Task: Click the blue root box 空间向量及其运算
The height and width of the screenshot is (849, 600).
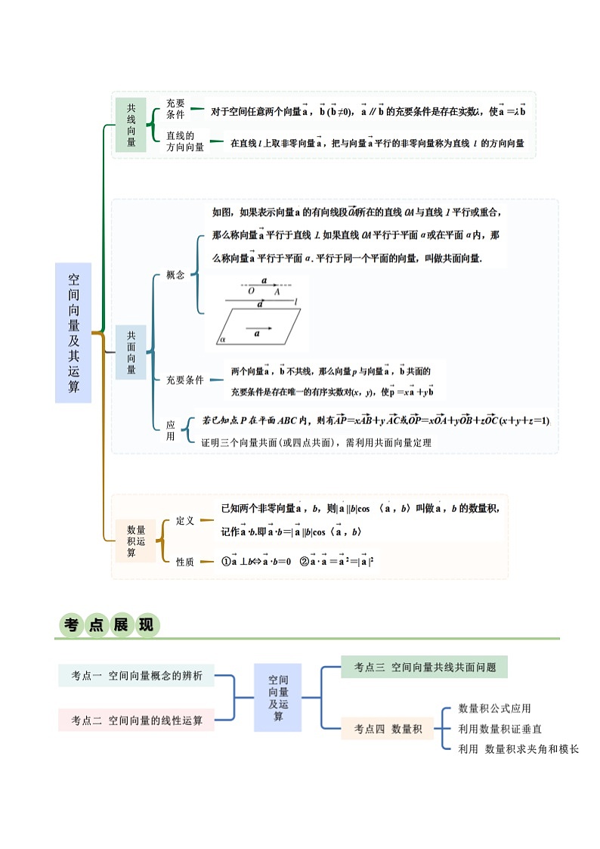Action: [73, 333]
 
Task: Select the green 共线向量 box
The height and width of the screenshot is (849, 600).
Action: [131, 125]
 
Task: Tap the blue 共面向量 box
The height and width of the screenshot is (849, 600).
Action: [131, 352]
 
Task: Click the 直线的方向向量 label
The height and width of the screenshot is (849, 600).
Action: [185, 141]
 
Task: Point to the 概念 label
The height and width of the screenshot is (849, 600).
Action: [175, 275]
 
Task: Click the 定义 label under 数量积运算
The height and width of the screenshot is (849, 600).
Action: [185, 521]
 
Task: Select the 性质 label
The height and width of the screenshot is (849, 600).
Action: [185, 562]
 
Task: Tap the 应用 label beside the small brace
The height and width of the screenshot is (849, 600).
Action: [171, 431]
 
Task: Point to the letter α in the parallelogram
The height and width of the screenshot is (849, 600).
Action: [224, 340]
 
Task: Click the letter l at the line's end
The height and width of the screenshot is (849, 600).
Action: [296, 302]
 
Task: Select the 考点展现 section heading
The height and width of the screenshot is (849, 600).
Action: [109, 625]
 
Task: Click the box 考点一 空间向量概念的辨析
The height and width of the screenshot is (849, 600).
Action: [137, 676]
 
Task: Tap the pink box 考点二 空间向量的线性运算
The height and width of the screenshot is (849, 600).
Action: [137, 720]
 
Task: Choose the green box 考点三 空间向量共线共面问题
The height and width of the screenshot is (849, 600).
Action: [423, 667]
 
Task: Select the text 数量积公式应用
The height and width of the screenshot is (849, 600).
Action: [494, 708]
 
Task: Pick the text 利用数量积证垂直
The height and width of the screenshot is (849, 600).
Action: [499, 729]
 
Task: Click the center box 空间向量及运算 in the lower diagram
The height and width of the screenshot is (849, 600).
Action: [278, 698]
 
